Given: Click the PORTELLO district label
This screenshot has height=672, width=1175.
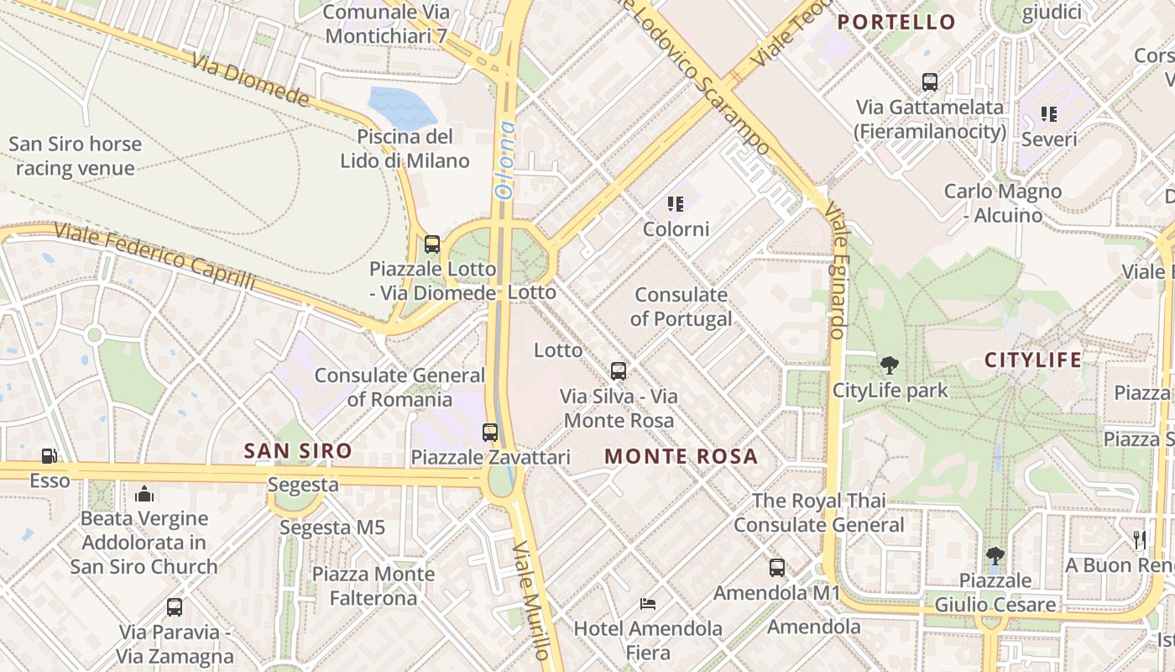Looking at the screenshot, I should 896,22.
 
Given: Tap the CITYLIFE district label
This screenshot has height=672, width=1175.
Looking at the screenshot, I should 1033,360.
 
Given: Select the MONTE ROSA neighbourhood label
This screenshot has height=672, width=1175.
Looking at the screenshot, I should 681,457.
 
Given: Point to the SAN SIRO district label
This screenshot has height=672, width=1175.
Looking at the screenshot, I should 298,451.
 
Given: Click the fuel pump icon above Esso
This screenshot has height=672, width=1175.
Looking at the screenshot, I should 50,456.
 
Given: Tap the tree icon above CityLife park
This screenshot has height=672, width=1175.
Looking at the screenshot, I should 890,365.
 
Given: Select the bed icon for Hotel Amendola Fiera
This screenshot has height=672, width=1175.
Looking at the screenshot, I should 648,603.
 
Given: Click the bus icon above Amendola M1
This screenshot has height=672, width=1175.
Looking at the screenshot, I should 777,568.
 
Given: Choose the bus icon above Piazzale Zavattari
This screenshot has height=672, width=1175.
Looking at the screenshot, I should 490,433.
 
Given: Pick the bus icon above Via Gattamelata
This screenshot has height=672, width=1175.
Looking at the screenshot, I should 930,82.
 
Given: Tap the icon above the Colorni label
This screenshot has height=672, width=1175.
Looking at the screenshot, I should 676,204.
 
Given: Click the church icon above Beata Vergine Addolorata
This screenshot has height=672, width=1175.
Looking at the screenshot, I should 144,494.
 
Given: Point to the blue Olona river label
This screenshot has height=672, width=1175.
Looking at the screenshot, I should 505,160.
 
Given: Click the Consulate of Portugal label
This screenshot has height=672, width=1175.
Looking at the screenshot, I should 681,307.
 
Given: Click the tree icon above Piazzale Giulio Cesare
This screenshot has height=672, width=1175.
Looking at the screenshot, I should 995,555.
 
